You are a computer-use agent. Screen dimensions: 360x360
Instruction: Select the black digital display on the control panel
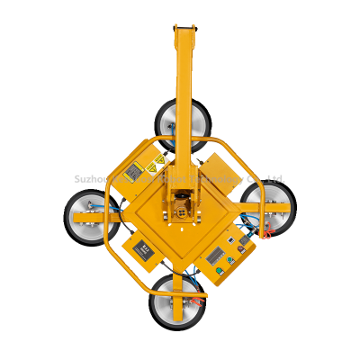215,256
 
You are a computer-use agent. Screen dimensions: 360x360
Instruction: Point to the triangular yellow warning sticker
158,161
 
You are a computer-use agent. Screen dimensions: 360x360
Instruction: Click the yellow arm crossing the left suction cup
90,219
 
